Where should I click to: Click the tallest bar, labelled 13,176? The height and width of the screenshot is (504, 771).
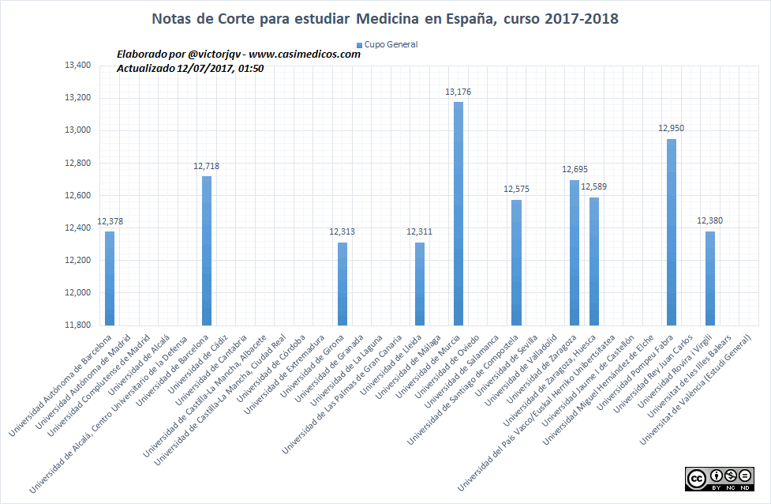(458, 213)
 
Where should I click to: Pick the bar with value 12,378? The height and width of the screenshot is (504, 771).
(110, 277)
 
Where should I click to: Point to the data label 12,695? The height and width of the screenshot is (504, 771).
(575, 169)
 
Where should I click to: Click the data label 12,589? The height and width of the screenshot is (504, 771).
(594, 186)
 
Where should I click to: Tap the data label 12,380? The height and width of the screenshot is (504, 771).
(710, 220)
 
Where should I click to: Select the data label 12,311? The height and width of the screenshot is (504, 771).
(419, 231)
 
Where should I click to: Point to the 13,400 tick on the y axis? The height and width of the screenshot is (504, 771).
(77, 66)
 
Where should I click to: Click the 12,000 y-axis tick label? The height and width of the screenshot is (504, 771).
(77, 292)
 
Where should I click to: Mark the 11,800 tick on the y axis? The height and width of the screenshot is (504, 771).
(77, 325)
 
